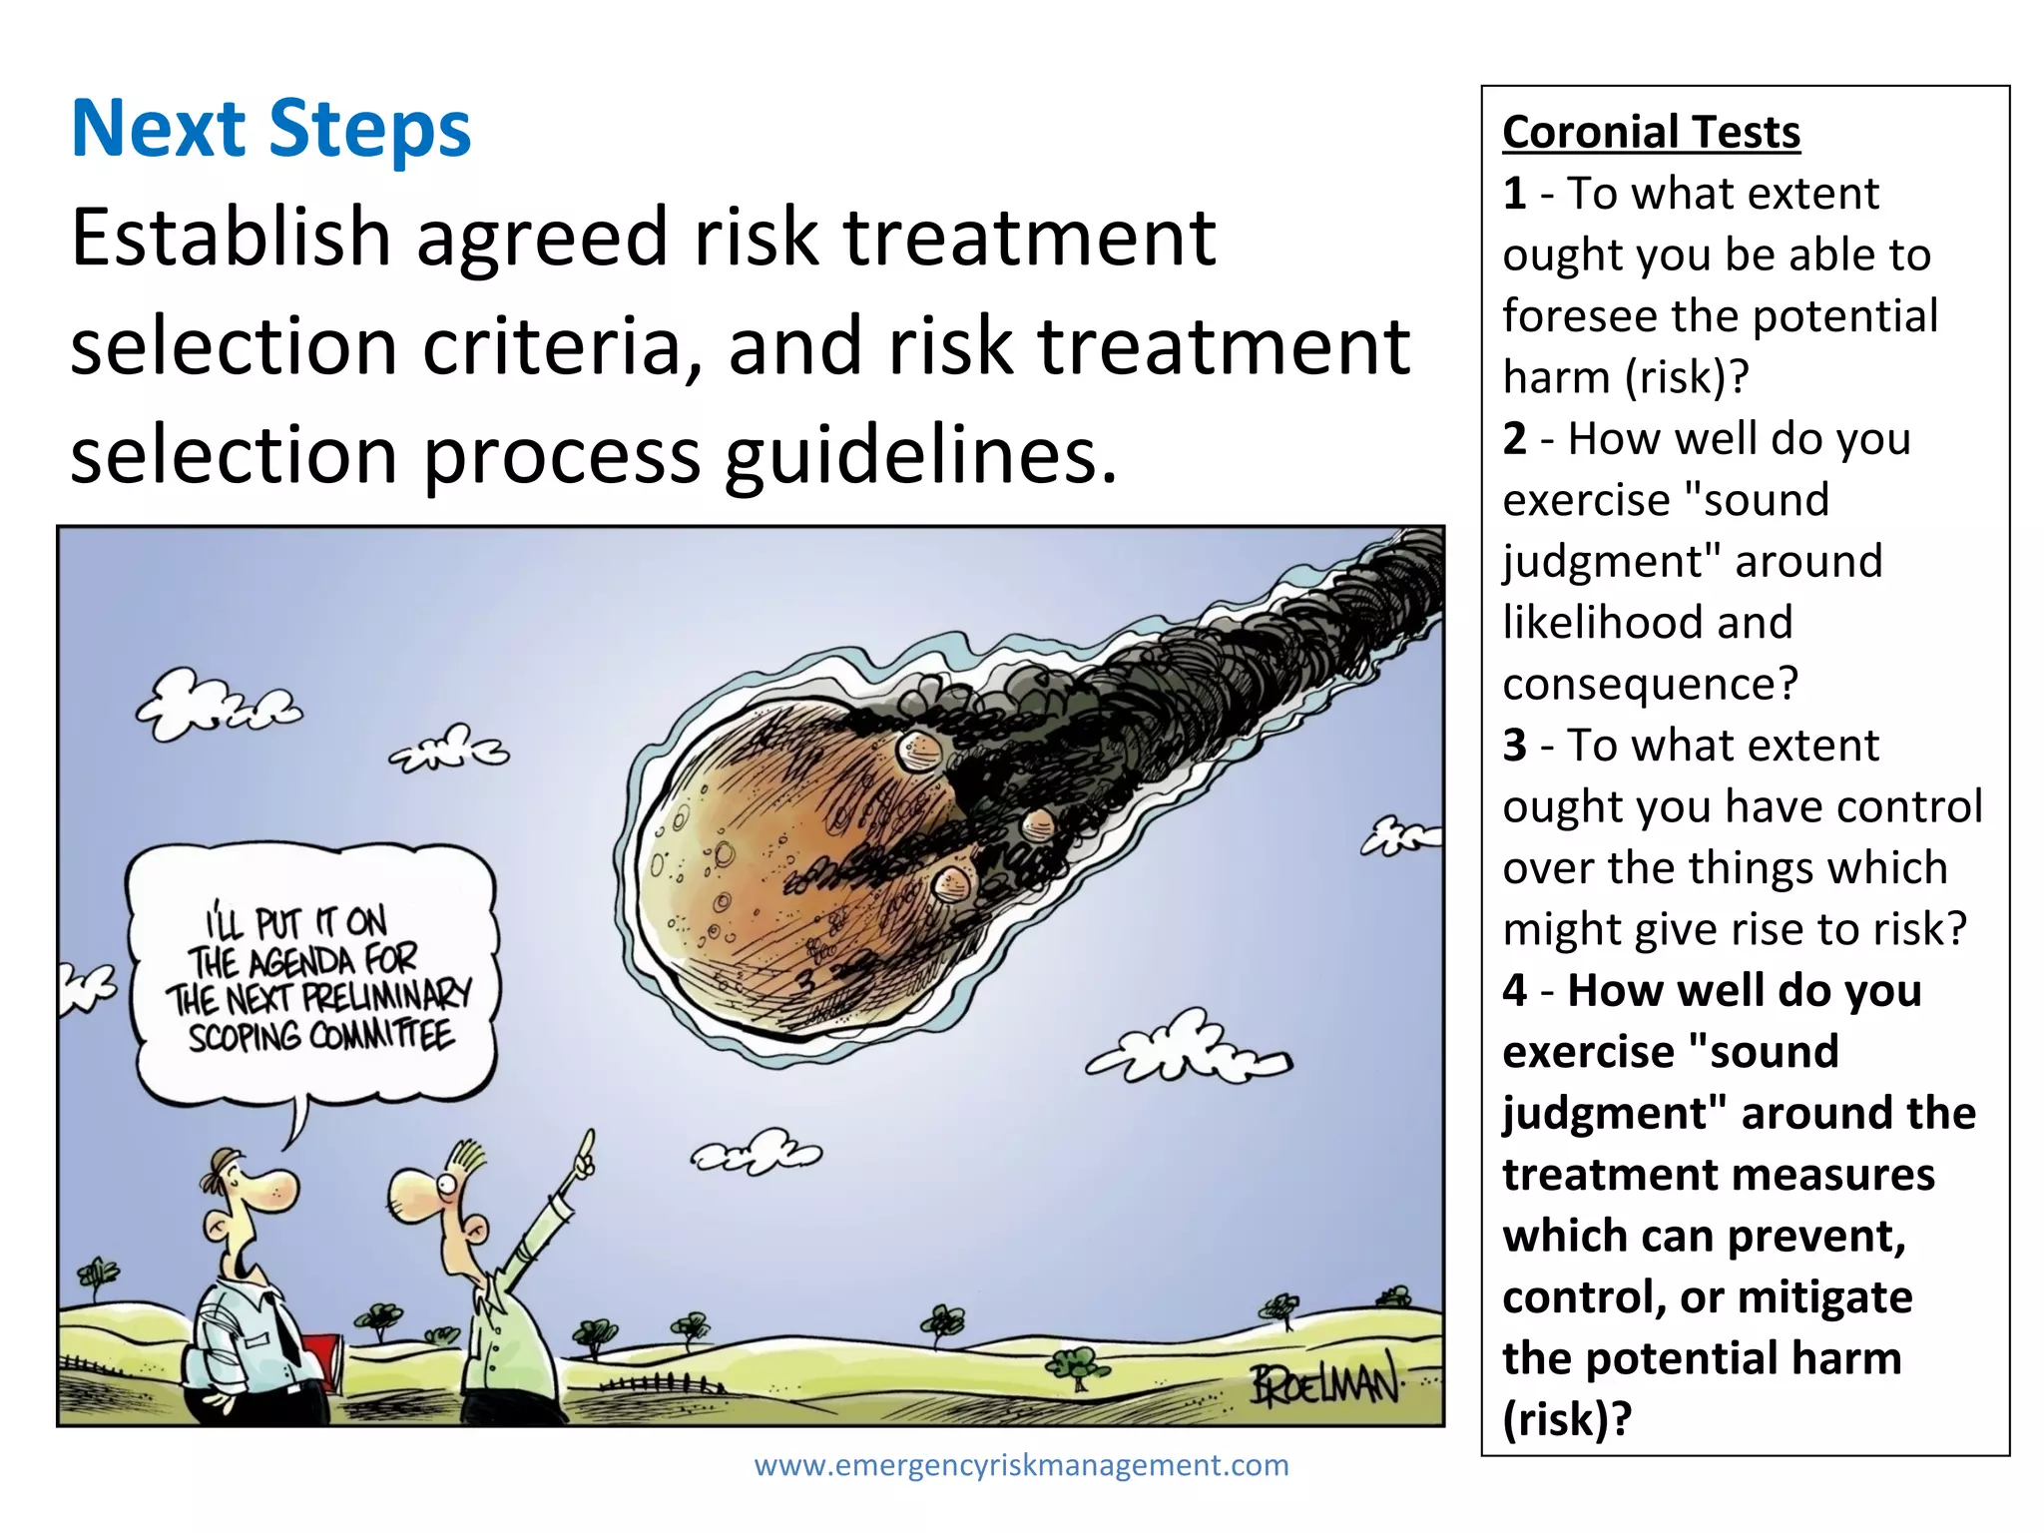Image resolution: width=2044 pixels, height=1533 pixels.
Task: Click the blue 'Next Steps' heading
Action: point(270,129)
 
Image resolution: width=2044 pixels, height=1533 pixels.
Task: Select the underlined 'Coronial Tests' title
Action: point(1651,132)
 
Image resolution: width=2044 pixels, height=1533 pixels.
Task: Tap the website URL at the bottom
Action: point(1021,1465)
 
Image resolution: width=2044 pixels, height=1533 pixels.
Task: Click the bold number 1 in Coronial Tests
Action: point(1514,194)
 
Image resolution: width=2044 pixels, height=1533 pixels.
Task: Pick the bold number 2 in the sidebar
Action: point(1514,439)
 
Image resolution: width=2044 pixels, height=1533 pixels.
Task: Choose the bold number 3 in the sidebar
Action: point(1514,746)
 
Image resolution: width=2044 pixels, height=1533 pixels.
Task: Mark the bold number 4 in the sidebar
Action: point(1514,991)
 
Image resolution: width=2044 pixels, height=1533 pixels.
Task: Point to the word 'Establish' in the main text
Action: point(231,238)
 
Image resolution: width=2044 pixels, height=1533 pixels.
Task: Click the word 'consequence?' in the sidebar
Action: point(1650,685)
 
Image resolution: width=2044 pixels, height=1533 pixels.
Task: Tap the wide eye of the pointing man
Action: point(445,1185)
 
